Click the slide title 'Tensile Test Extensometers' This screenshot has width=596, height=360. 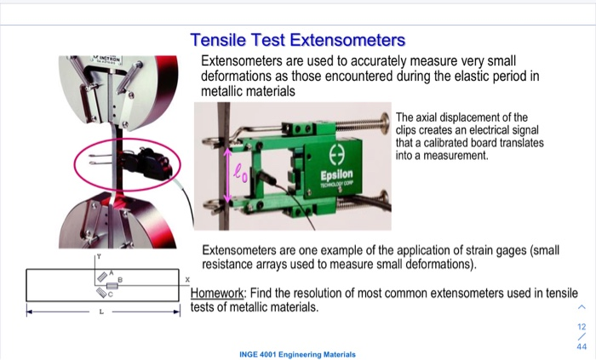[297, 41]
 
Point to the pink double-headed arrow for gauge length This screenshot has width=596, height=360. [227, 174]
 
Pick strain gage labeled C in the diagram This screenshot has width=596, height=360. [103, 293]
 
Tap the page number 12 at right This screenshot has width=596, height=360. [582, 326]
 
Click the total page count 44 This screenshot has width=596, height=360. [582, 346]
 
